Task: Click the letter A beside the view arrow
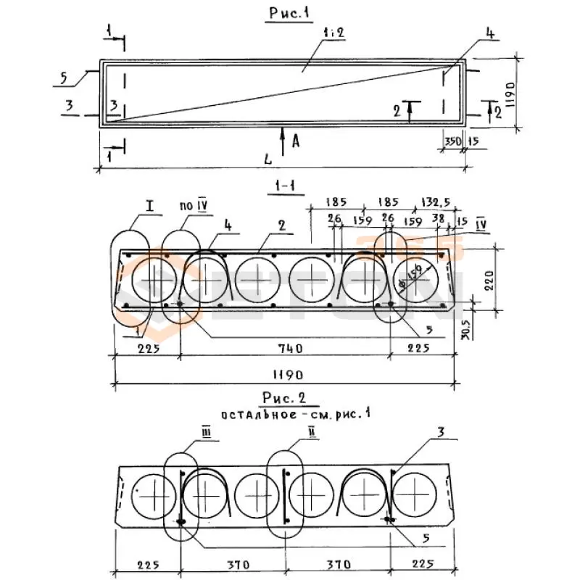coord(295,141)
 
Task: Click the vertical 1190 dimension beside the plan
coord(510,94)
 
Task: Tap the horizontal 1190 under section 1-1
coord(286,376)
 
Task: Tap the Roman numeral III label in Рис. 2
coord(185,433)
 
